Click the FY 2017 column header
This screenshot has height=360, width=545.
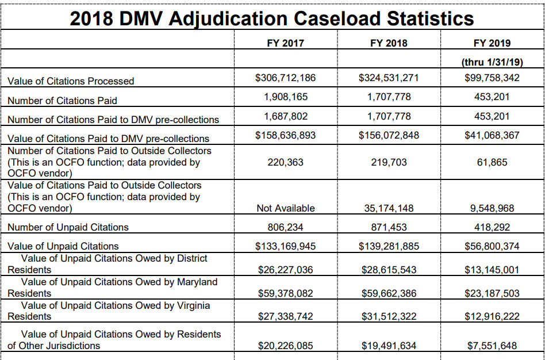click(x=285, y=43)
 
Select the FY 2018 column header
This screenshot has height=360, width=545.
click(x=389, y=43)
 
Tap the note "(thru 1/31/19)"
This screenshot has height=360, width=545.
click(x=492, y=62)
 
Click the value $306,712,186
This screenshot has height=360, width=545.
click(x=285, y=78)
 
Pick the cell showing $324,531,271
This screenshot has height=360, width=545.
click(x=389, y=78)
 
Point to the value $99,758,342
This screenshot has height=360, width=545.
click(x=492, y=78)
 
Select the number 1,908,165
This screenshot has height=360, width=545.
click(x=286, y=97)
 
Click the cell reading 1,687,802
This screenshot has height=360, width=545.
click(x=286, y=116)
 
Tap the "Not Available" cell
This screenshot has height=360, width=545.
click(x=286, y=208)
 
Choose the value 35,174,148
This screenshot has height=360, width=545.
click(x=389, y=208)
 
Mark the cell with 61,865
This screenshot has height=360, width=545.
click(x=492, y=162)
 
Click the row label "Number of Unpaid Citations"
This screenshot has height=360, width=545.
click(x=68, y=227)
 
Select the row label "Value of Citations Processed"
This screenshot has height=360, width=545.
click(x=71, y=81)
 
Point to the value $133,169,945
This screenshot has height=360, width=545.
click(x=285, y=246)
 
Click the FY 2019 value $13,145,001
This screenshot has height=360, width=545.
click(x=492, y=270)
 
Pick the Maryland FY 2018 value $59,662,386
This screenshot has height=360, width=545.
click(x=389, y=293)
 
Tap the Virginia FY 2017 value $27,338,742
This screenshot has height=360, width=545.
click(x=285, y=316)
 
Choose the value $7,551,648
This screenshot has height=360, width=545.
click(x=492, y=346)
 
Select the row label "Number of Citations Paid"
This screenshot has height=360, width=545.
click(x=62, y=101)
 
